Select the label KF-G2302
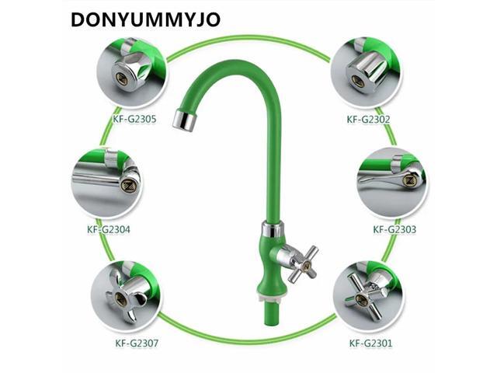[368, 120]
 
